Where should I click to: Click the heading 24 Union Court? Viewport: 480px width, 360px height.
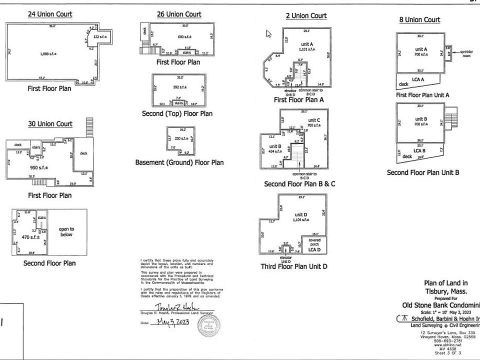(x=49, y=14)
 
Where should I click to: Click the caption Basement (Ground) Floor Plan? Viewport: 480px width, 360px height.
(x=179, y=162)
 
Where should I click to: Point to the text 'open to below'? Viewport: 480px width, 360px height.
(x=66, y=231)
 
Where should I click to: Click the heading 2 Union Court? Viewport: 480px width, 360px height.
(x=306, y=15)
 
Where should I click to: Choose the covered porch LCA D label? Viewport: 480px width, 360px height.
(x=314, y=246)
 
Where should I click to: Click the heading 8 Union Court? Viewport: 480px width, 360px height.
(x=419, y=19)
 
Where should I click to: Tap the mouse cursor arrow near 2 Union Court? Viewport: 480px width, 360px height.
(x=268, y=34)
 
